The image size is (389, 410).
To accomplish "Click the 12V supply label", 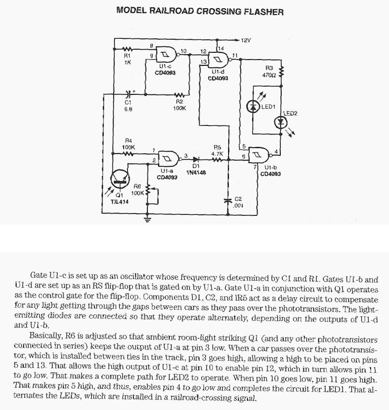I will pyautogui.click(x=246, y=40).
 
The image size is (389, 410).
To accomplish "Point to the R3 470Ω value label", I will pyautogui.click(x=269, y=76).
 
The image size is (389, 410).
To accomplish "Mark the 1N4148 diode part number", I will pyautogui.click(x=196, y=172).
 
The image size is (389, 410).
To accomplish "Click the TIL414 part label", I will pyautogui.click(x=120, y=202).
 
